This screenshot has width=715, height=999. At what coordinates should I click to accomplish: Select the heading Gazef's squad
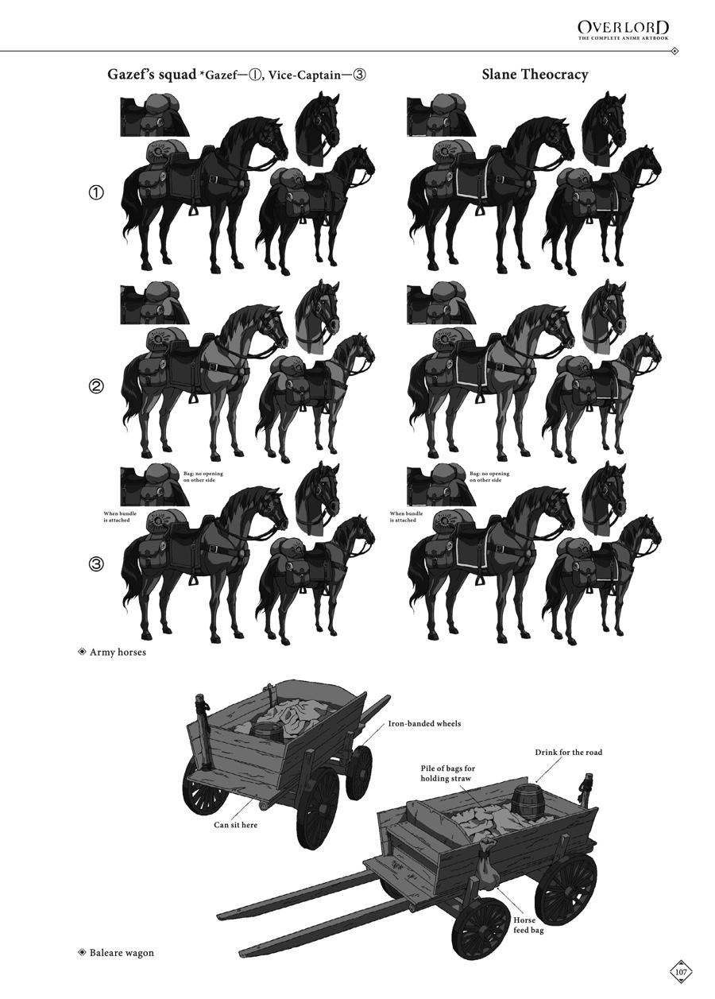click(152, 75)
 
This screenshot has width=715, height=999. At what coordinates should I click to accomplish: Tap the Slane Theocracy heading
click(535, 74)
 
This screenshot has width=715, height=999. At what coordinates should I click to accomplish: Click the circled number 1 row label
click(97, 192)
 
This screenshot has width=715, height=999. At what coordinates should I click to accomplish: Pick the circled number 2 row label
click(97, 385)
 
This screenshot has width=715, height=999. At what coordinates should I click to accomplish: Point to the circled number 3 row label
click(97, 564)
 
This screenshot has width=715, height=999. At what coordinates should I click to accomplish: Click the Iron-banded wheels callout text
click(424, 723)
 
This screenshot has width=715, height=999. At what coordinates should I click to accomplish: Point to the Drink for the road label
click(568, 753)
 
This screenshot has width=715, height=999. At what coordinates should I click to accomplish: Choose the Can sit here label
click(235, 825)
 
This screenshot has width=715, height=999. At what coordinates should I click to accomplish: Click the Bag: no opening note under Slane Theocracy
click(489, 477)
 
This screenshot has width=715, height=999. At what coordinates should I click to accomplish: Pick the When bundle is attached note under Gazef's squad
click(120, 517)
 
